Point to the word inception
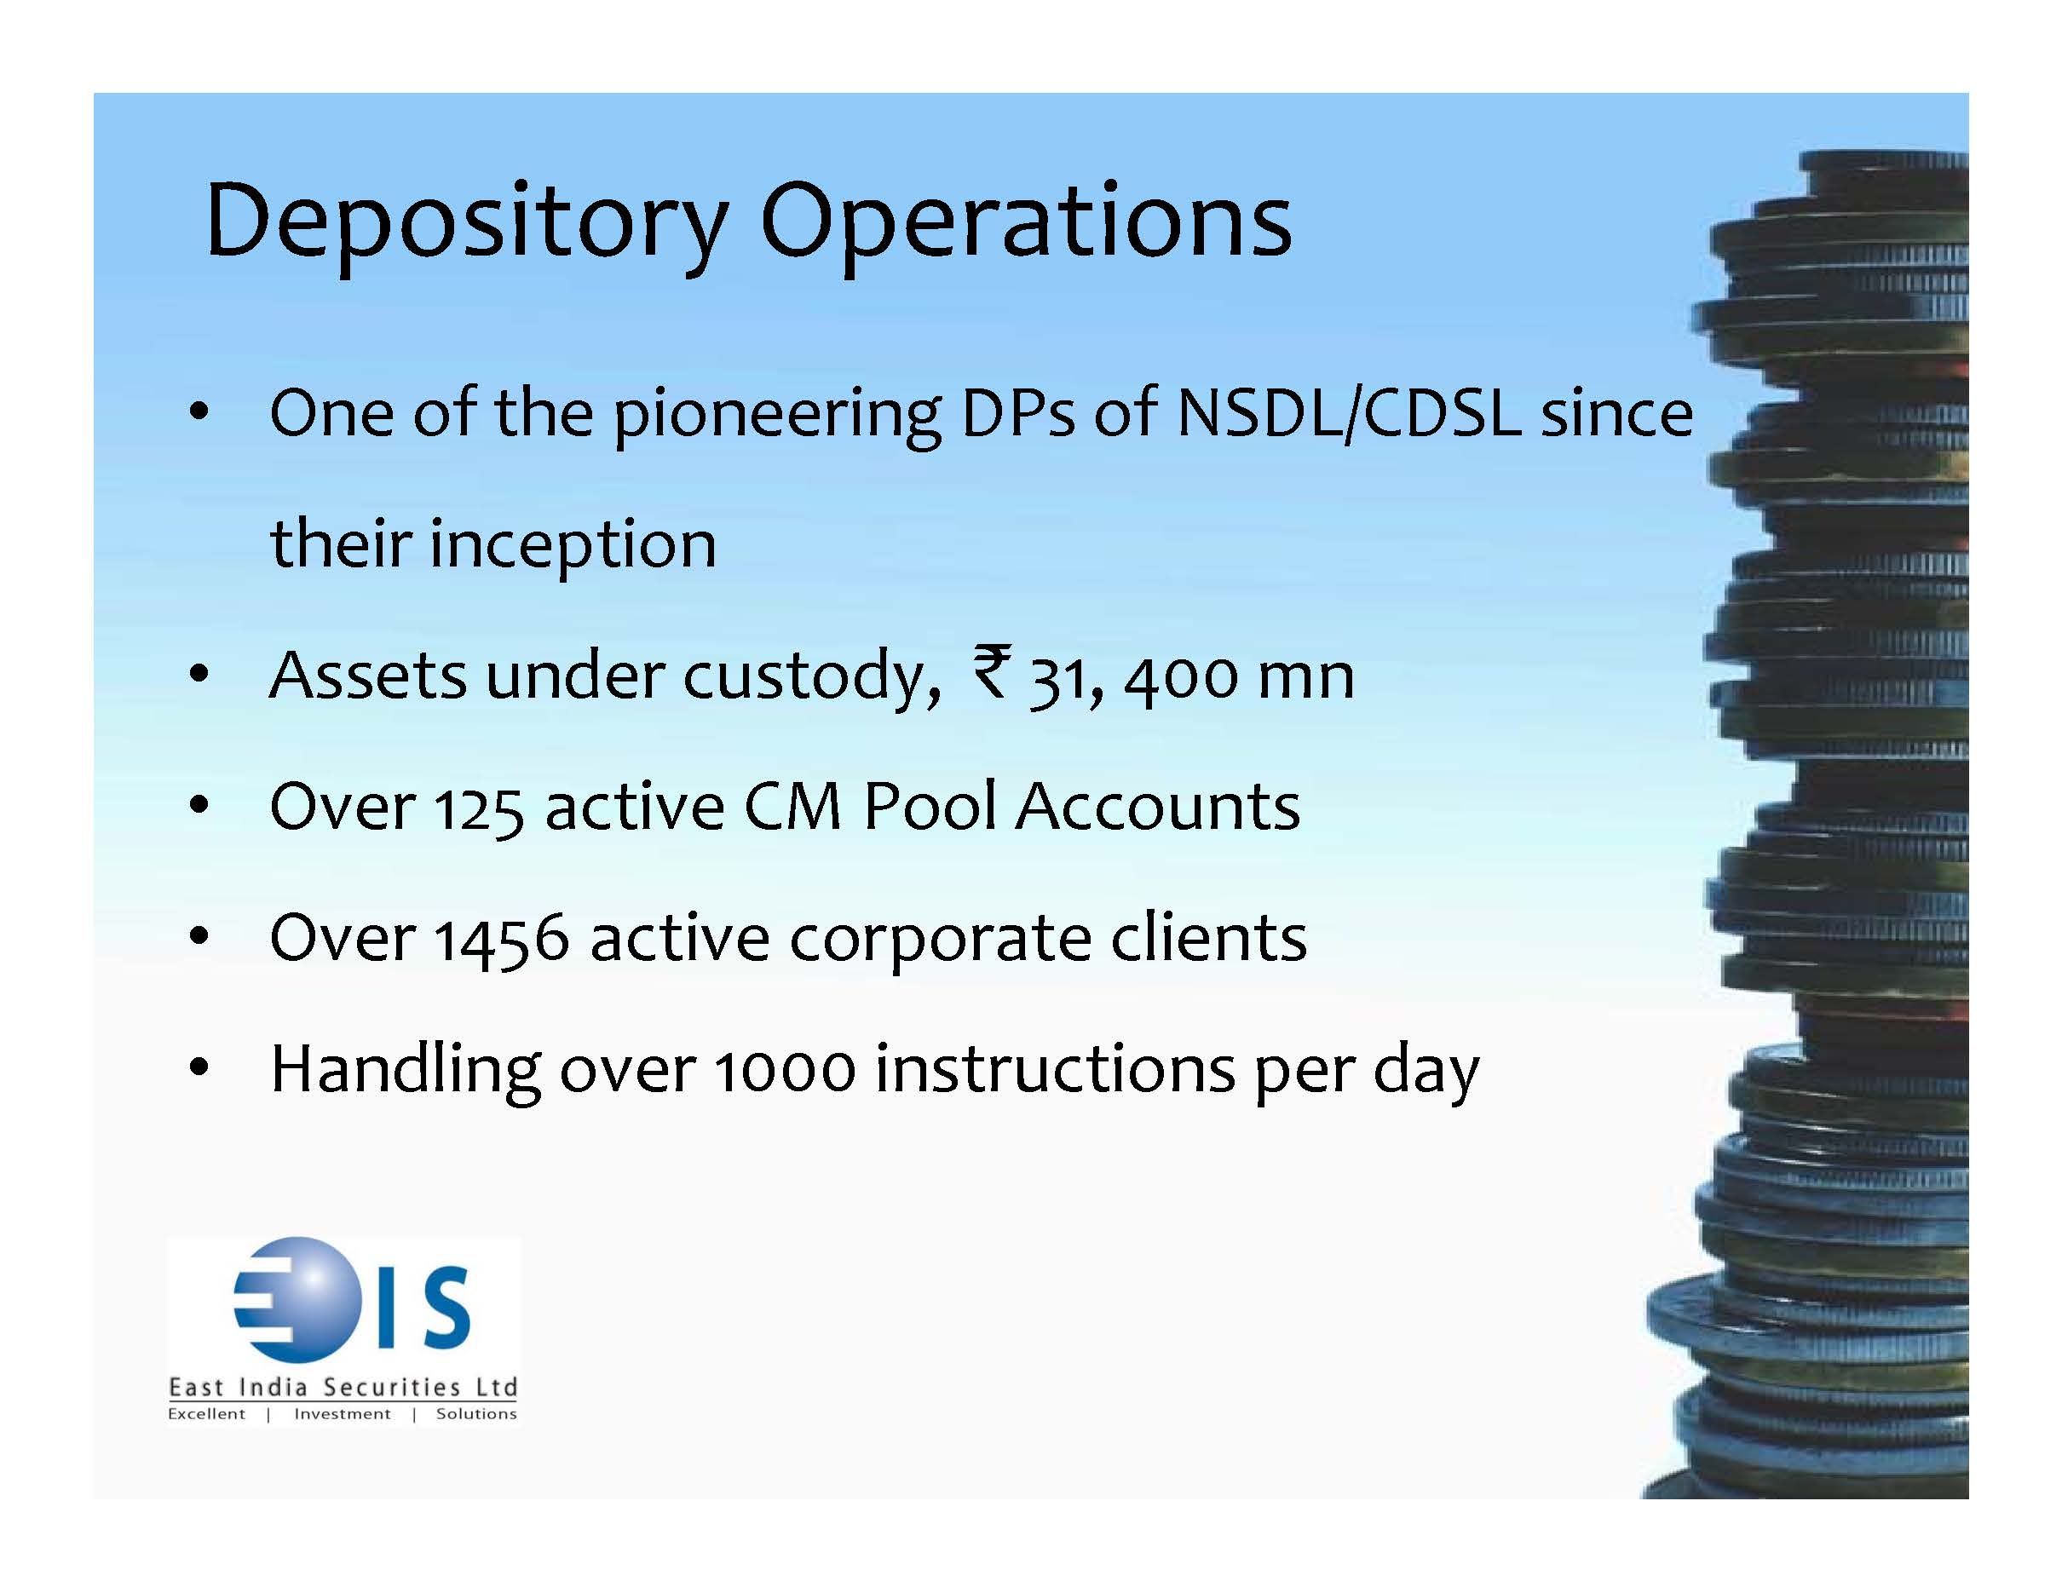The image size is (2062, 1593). (573, 546)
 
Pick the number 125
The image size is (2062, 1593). (479, 808)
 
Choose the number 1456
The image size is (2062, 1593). (501, 940)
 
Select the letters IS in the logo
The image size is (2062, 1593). (425, 1307)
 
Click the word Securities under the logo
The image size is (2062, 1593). (392, 1386)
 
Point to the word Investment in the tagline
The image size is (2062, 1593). (342, 1414)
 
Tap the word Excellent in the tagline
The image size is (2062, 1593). (206, 1414)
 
